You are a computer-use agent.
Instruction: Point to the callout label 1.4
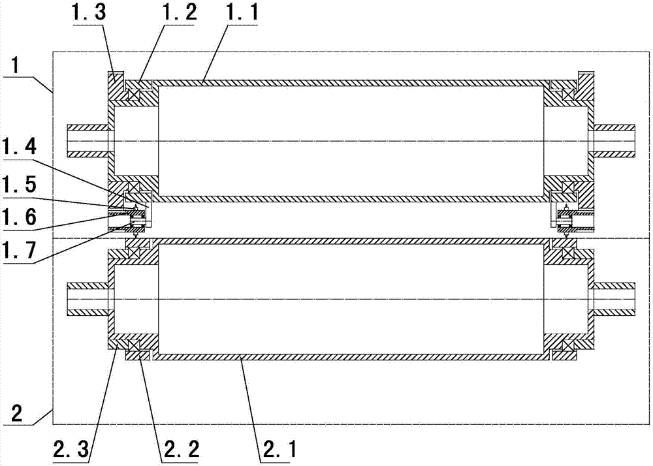pos(20,146)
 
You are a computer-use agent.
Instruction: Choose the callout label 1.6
pos(20,217)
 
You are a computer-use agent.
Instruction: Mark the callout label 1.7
pos(20,250)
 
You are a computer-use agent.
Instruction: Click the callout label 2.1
pos(278,449)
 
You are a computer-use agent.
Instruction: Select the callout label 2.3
pos(71,449)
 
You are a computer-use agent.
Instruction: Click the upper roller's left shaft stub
pos(88,141)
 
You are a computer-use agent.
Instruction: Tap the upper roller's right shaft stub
pos(614,141)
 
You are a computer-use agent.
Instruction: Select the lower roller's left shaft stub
pos(88,299)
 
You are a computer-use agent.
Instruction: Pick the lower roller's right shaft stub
pos(614,299)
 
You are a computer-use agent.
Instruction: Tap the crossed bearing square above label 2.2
pos(134,346)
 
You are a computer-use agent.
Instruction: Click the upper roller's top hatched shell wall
pos(351,82)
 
